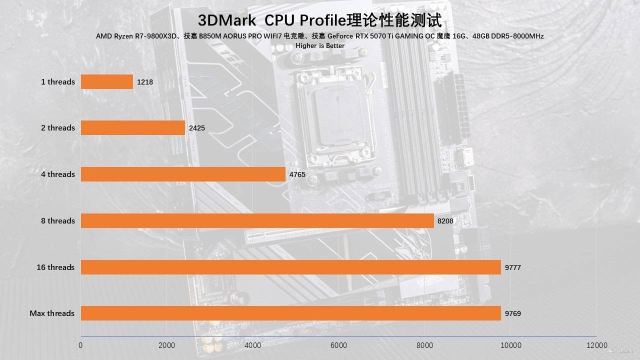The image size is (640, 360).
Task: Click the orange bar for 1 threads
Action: tap(107, 81)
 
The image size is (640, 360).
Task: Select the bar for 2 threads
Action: tap(133, 127)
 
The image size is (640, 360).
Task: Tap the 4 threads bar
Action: tap(183, 174)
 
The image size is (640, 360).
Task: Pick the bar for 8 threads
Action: tap(257, 220)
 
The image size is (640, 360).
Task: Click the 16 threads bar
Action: tap(290, 267)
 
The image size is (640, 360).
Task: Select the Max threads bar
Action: tap(290, 313)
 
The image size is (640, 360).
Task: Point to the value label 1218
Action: tap(145, 81)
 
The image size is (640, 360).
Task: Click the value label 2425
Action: tap(197, 128)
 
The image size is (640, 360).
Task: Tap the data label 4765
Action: tap(297, 174)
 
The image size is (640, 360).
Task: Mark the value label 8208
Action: tap(445, 220)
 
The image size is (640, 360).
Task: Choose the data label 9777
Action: tap(513, 267)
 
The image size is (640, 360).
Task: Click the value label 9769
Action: tap(513, 313)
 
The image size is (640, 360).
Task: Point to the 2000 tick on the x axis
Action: tap(166, 345)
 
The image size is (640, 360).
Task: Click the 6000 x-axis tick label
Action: tap(339, 345)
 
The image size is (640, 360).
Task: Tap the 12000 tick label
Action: tap(597, 345)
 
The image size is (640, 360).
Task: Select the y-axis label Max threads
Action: tap(52, 313)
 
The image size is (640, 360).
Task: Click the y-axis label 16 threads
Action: tap(55, 267)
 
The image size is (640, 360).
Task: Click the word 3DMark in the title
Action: tap(227, 20)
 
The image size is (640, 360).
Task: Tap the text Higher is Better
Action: tap(320, 45)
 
